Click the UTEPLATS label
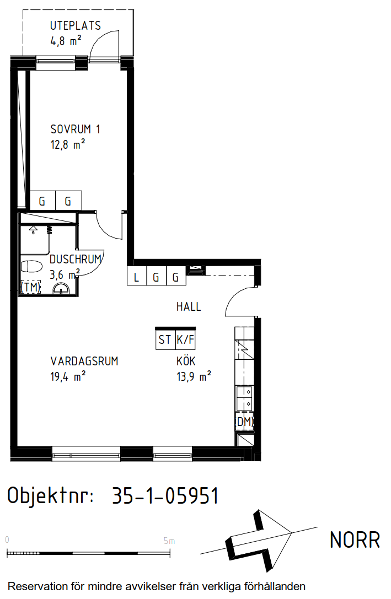76,25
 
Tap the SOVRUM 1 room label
76,129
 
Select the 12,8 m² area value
67,144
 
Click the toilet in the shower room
31,266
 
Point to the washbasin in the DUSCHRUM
61,288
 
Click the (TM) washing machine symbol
30,287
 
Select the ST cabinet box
165,339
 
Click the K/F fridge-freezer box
185,339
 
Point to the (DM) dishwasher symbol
245,422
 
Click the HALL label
189,306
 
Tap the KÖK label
186,360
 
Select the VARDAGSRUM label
84,361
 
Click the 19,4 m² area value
68,377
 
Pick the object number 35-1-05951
165,496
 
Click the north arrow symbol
259,541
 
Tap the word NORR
355,540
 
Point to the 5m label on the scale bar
169,541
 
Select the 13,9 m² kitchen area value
194,377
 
